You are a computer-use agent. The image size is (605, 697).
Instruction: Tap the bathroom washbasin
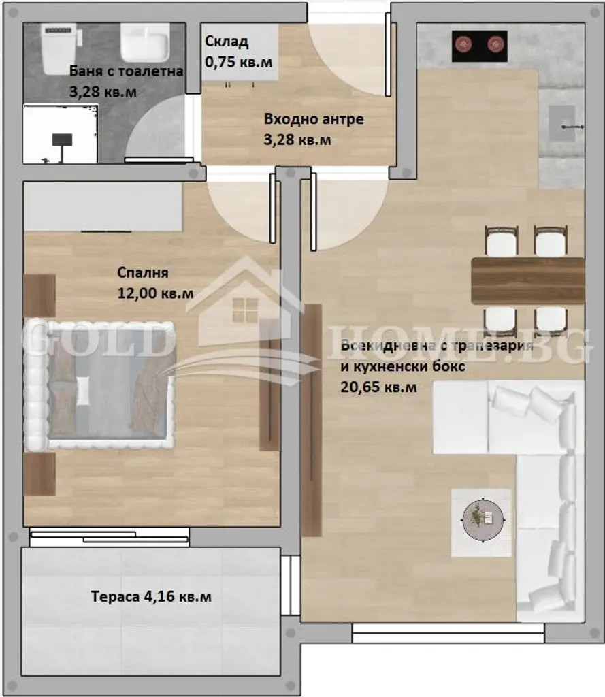(145, 42)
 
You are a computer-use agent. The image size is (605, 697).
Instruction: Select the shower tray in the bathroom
(61, 134)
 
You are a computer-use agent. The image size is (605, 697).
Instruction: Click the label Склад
(226, 42)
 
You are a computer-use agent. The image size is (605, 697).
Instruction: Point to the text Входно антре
(314, 119)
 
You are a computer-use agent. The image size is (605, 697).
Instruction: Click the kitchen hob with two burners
(480, 46)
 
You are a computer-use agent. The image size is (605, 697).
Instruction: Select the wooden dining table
(527, 280)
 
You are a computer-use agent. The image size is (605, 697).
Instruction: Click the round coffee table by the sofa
(483, 519)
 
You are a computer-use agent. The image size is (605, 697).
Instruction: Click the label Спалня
(143, 272)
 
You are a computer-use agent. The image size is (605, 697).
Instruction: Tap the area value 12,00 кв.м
(155, 293)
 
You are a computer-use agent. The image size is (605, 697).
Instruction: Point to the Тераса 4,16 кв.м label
(151, 596)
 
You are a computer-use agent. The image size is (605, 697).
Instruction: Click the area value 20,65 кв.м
(379, 387)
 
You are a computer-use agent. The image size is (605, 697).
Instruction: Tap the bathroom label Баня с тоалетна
(127, 71)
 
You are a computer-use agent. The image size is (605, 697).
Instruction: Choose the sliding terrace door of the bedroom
(110, 536)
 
